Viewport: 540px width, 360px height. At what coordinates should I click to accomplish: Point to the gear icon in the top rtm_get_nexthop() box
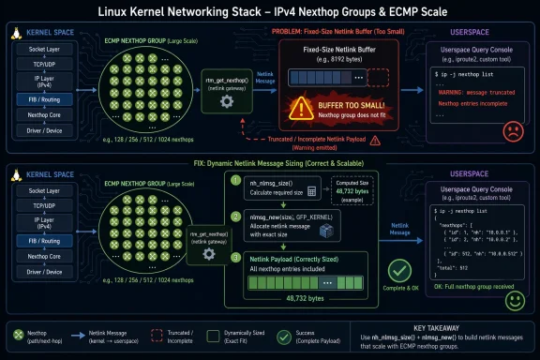225,98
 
